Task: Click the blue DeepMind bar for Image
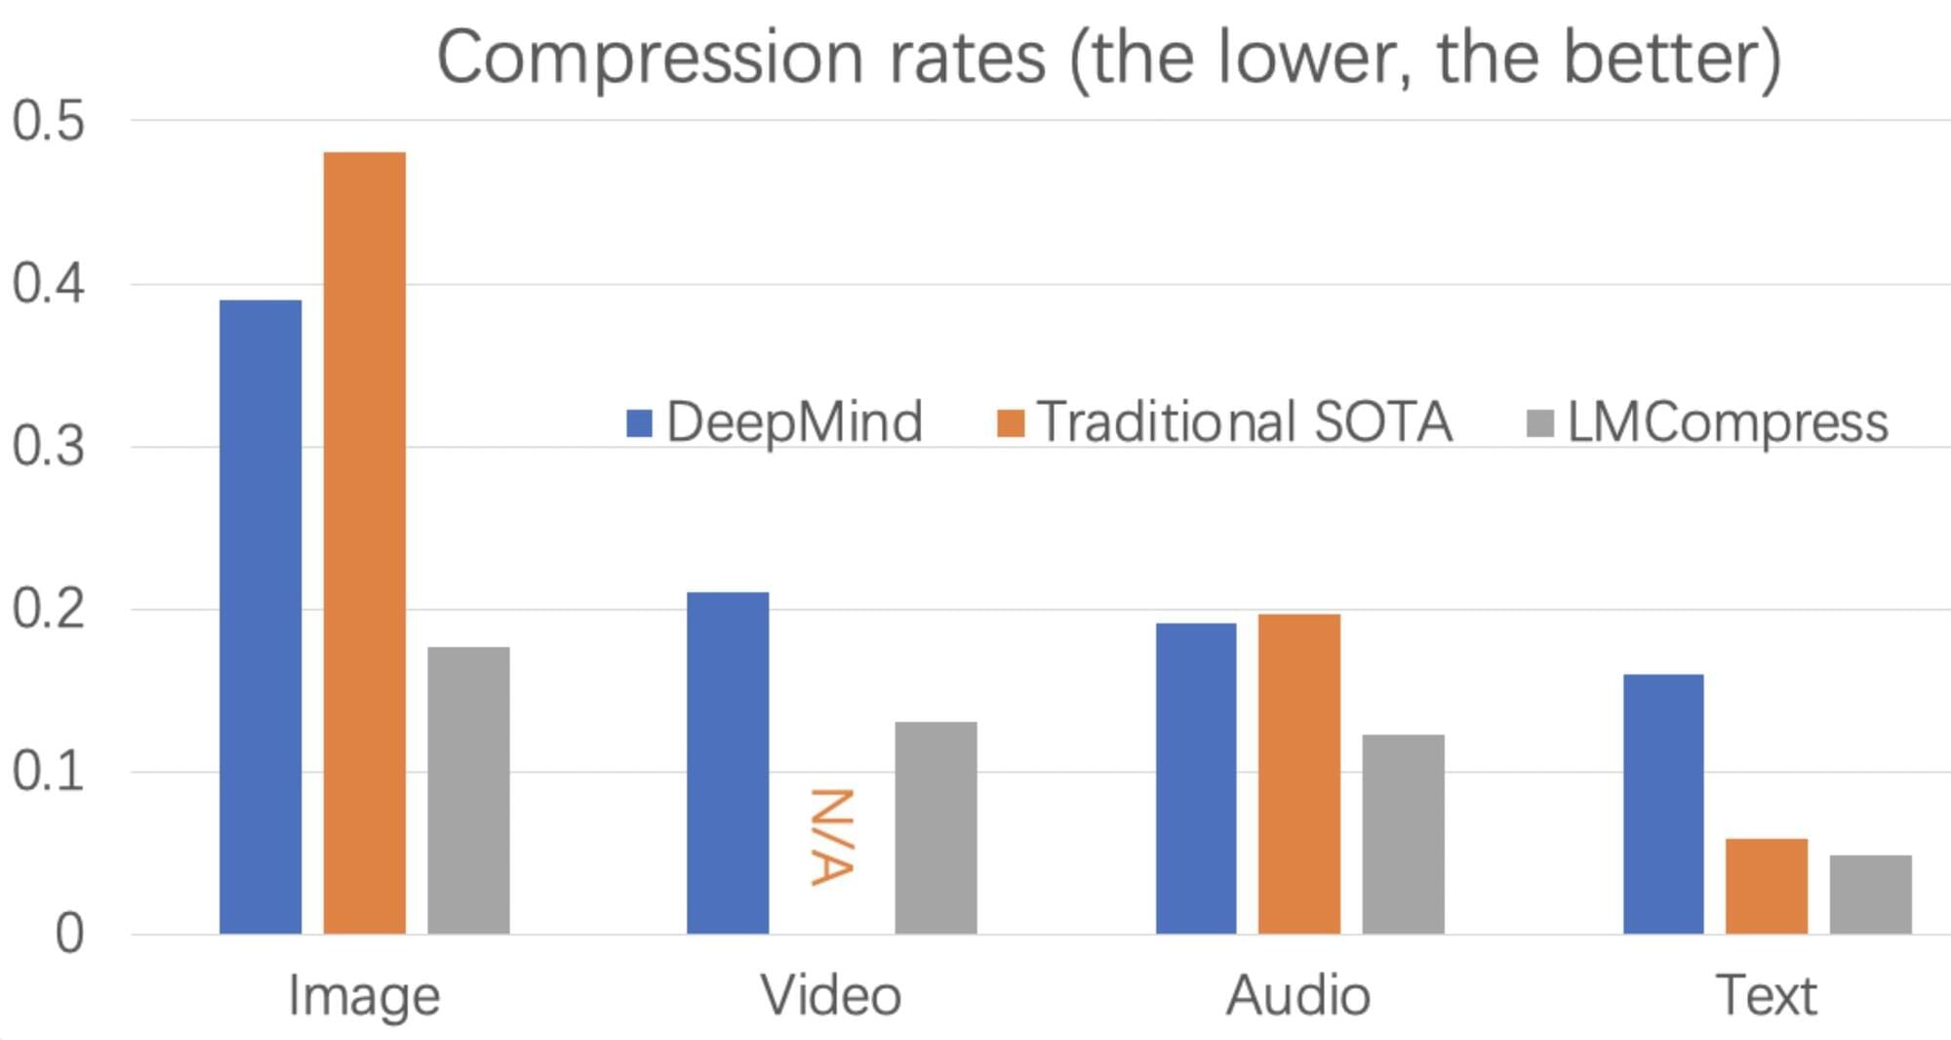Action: (260, 617)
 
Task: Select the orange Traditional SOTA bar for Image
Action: (365, 542)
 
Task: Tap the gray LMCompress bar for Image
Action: (468, 790)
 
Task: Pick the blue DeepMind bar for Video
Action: (728, 763)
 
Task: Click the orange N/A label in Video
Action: (832, 837)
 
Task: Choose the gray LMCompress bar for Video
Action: (936, 827)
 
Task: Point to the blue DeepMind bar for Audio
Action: (1196, 779)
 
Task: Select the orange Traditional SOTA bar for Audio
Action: (1299, 774)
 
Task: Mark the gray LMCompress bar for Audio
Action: (1403, 834)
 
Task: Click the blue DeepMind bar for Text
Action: (1663, 804)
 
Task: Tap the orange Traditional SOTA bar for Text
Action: (1767, 886)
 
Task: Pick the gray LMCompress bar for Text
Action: (1870, 895)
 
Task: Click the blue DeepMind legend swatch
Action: (639, 423)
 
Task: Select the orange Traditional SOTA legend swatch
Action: (1011, 423)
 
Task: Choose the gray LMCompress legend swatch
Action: (1539, 423)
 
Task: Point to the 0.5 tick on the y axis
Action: (49, 122)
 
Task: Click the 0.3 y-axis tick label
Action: (49, 447)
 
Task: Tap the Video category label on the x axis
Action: (831, 996)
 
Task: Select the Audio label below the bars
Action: (1298, 996)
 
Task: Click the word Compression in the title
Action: (651, 59)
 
